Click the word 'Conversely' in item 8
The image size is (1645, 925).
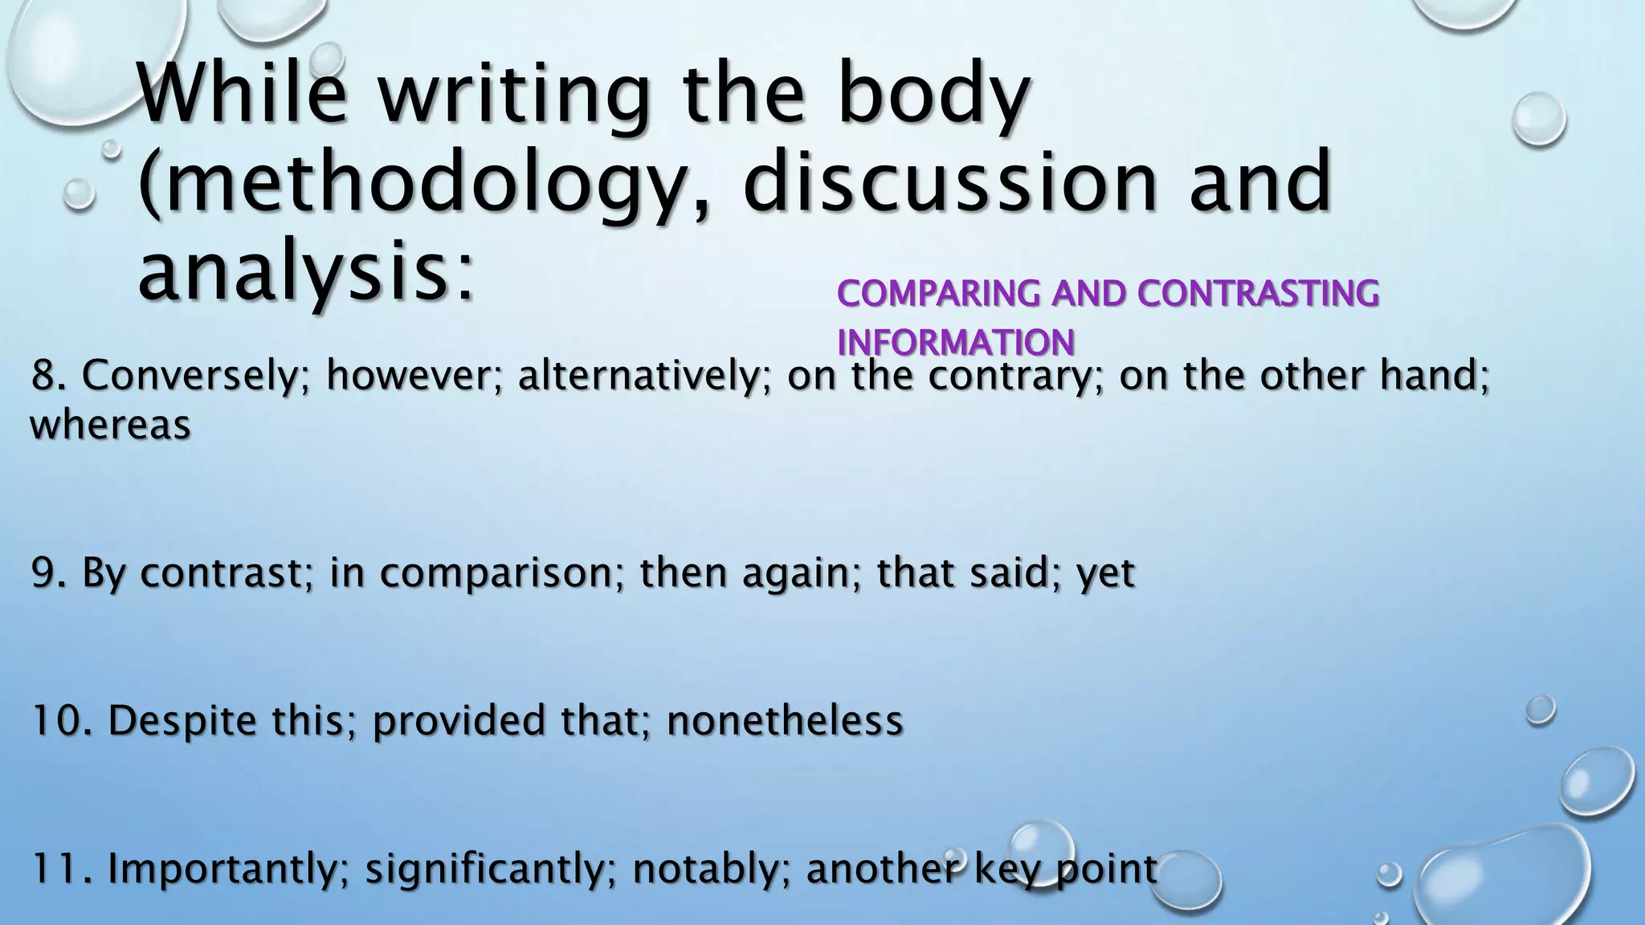coord(189,376)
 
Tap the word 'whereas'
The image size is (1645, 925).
coord(110,425)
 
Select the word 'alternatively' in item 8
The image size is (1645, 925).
coord(638,376)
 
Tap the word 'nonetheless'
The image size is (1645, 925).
coord(785,720)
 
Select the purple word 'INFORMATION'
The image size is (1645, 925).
coord(955,344)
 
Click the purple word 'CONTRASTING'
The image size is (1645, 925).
coord(1258,294)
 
